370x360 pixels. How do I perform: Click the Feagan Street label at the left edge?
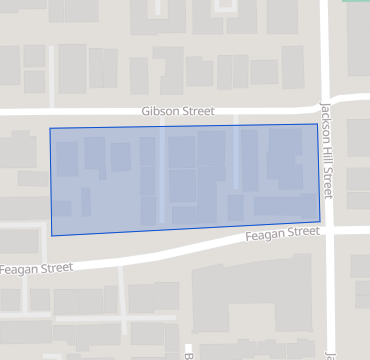pyautogui.click(x=36, y=268)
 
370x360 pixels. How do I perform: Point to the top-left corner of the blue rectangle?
pyautogui.click(x=50, y=128)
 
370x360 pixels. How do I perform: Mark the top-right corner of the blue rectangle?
pyautogui.click(x=317, y=124)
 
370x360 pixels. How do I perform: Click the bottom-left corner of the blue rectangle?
pyautogui.click(x=52, y=236)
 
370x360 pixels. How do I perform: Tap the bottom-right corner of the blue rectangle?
pyautogui.click(x=320, y=222)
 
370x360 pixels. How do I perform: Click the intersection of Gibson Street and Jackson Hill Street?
pyautogui.click(x=327, y=104)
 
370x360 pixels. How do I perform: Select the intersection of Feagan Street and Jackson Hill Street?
pyautogui.click(x=328, y=231)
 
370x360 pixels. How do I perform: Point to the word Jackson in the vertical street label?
pyautogui.click(x=327, y=120)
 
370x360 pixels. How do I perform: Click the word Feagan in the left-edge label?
pyautogui.click(x=20, y=268)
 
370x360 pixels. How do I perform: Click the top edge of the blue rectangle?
pyautogui.click(x=184, y=126)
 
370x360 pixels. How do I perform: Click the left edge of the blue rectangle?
pyautogui.click(x=51, y=182)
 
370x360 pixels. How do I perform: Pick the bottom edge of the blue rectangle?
pyautogui.click(x=186, y=229)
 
